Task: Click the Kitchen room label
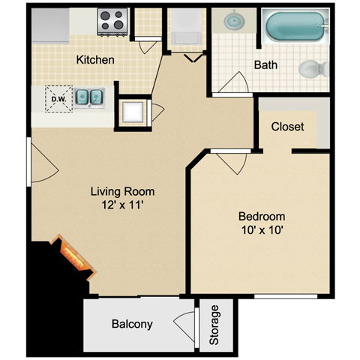click(95, 60)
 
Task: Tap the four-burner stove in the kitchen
click(112, 22)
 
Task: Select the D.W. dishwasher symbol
click(59, 99)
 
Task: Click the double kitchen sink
click(89, 97)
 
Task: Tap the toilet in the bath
click(313, 69)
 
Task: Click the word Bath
click(265, 65)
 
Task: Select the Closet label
click(287, 127)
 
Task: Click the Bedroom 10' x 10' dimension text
click(262, 230)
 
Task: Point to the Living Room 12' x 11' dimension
click(122, 205)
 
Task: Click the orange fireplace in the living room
click(73, 257)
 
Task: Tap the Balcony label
click(132, 324)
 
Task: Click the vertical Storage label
click(214, 325)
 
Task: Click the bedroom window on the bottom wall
click(286, 296)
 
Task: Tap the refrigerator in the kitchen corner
click(50, 26)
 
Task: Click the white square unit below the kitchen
click(133, 112)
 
